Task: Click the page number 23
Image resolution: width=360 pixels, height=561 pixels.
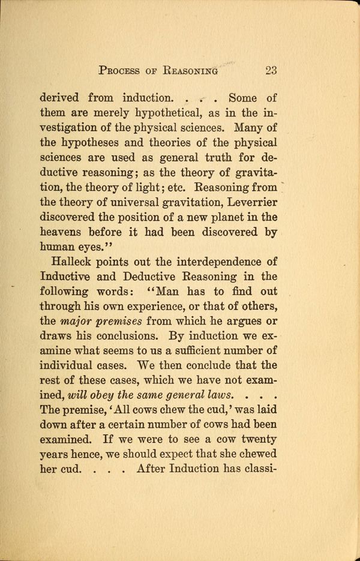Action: tap(270, 70)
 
